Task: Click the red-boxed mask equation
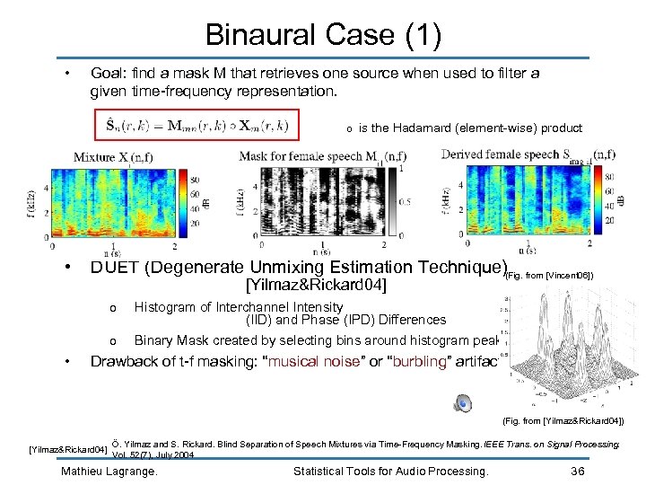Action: [196, 125]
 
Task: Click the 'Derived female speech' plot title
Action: [501, 154]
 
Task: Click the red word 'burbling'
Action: [423, 362]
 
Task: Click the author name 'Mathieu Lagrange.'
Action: [109, 471]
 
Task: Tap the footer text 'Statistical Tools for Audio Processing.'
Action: [390, 471]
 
